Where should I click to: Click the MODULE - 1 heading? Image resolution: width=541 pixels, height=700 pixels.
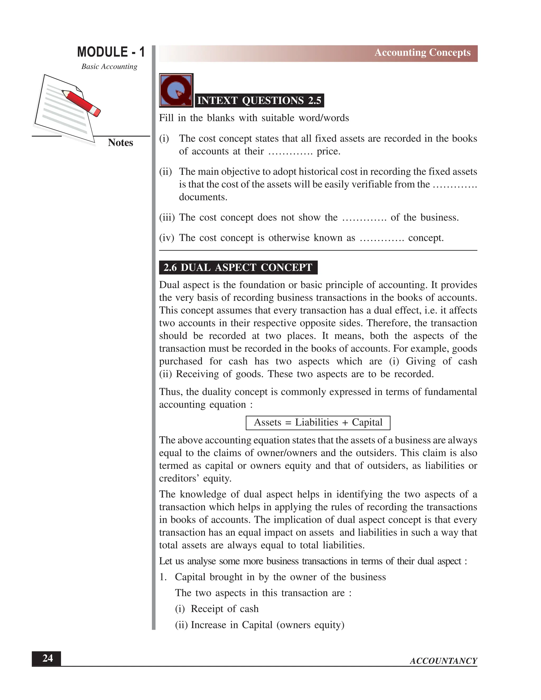[111, 52]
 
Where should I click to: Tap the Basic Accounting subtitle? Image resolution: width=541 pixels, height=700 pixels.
[109, 67]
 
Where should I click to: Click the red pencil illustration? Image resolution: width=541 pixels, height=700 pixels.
[81, 102]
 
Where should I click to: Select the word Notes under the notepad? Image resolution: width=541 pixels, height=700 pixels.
[120, 143]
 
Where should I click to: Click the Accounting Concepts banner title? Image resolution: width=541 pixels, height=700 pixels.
[422, 53]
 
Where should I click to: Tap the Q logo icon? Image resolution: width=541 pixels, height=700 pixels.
[176, 90]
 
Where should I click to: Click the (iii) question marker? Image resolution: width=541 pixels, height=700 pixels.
[167, 218]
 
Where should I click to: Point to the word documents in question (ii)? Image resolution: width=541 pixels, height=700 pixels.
[203, 197]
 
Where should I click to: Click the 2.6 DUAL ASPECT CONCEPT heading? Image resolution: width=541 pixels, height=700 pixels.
[238, 268]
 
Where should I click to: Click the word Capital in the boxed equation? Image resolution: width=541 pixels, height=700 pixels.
[367, 422]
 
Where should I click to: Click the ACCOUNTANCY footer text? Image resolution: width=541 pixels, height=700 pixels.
[443, 661]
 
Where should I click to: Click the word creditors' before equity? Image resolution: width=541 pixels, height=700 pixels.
[179, 479]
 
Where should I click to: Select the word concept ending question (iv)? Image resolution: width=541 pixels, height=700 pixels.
[426, 238]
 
